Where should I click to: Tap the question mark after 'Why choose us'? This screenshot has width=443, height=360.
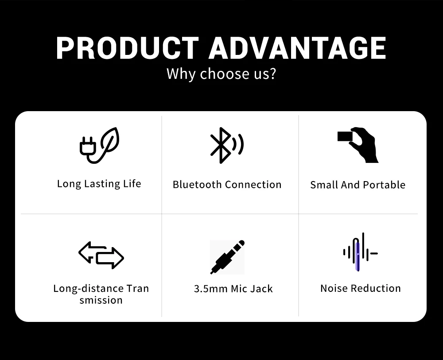(272, 73)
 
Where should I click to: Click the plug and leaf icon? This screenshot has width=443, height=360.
(99, 145)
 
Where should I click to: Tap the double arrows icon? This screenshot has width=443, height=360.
(101, 255)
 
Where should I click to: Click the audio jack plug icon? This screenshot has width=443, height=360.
(227, 257)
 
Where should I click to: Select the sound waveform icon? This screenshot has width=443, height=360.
(360, 252)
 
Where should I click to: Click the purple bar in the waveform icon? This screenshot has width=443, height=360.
(358, 256)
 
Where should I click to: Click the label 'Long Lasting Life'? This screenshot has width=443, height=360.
(99, 184)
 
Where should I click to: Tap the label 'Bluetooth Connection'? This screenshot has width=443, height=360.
(227, 184)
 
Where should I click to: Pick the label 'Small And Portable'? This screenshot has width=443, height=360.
(358, 185)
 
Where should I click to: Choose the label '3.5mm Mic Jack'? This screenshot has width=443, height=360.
(233, 289)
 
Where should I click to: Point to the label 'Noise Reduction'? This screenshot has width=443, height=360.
(361, 288)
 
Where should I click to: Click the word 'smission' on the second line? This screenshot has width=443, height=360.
(101, 300)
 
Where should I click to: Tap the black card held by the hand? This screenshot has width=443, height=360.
(345, 136)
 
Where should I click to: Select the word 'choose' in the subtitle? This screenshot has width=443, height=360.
(225, 74)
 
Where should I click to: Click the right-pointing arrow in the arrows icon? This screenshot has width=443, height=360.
(110, 258)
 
